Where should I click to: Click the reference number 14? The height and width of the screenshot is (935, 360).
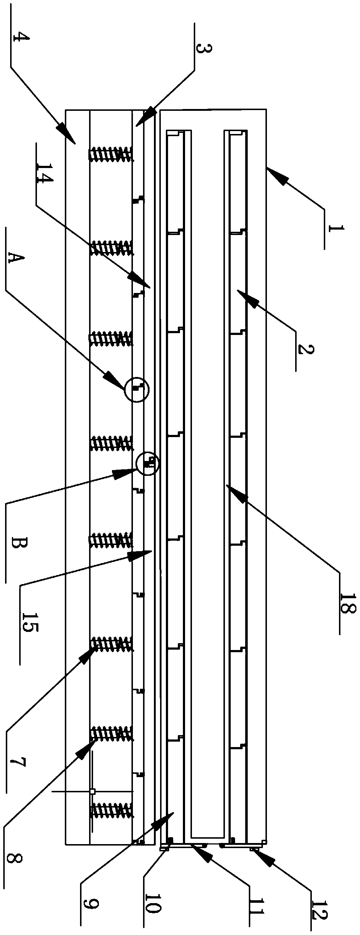point(43,173)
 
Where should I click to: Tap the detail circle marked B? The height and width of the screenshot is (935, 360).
point(147,464)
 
